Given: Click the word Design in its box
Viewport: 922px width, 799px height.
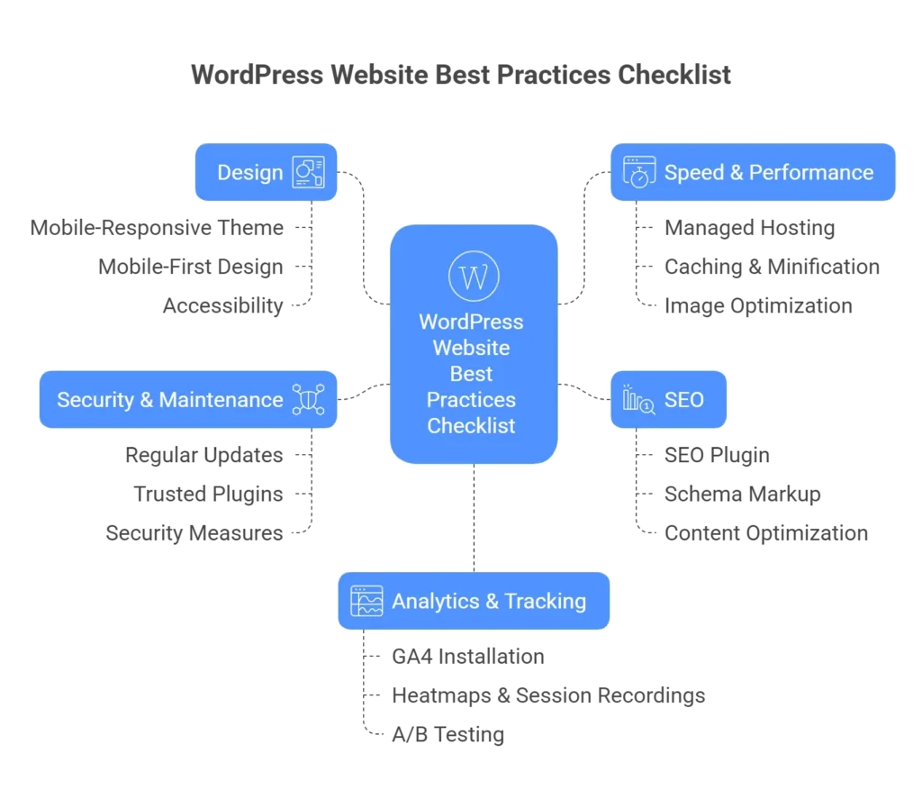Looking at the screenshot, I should click(249, 172).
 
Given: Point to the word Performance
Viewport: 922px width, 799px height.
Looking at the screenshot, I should click(811, 172).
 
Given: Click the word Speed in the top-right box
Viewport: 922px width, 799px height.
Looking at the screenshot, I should click(694, 172).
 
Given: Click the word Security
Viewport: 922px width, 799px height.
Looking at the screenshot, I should click(94, 399).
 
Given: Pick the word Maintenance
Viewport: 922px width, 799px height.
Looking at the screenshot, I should click(221, 399).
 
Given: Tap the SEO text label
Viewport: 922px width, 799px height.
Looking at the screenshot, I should click(684, 399).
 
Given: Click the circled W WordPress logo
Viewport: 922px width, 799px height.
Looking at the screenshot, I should click(473, 276).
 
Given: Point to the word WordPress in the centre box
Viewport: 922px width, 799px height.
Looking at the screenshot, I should click(471, 322).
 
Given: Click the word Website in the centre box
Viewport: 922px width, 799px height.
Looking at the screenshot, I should click(471, 348).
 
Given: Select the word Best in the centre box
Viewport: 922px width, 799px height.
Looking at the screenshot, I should click(471, 374).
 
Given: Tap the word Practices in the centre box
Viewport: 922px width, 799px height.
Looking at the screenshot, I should click(471, 400).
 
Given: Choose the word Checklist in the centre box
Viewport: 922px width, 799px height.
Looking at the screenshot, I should click(471, 426).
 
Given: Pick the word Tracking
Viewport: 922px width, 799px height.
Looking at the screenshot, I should click(545, 601).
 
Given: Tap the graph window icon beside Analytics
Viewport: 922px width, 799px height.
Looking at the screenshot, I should click(366, 601).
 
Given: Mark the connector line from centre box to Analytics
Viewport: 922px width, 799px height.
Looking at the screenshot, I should click(473, 518).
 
